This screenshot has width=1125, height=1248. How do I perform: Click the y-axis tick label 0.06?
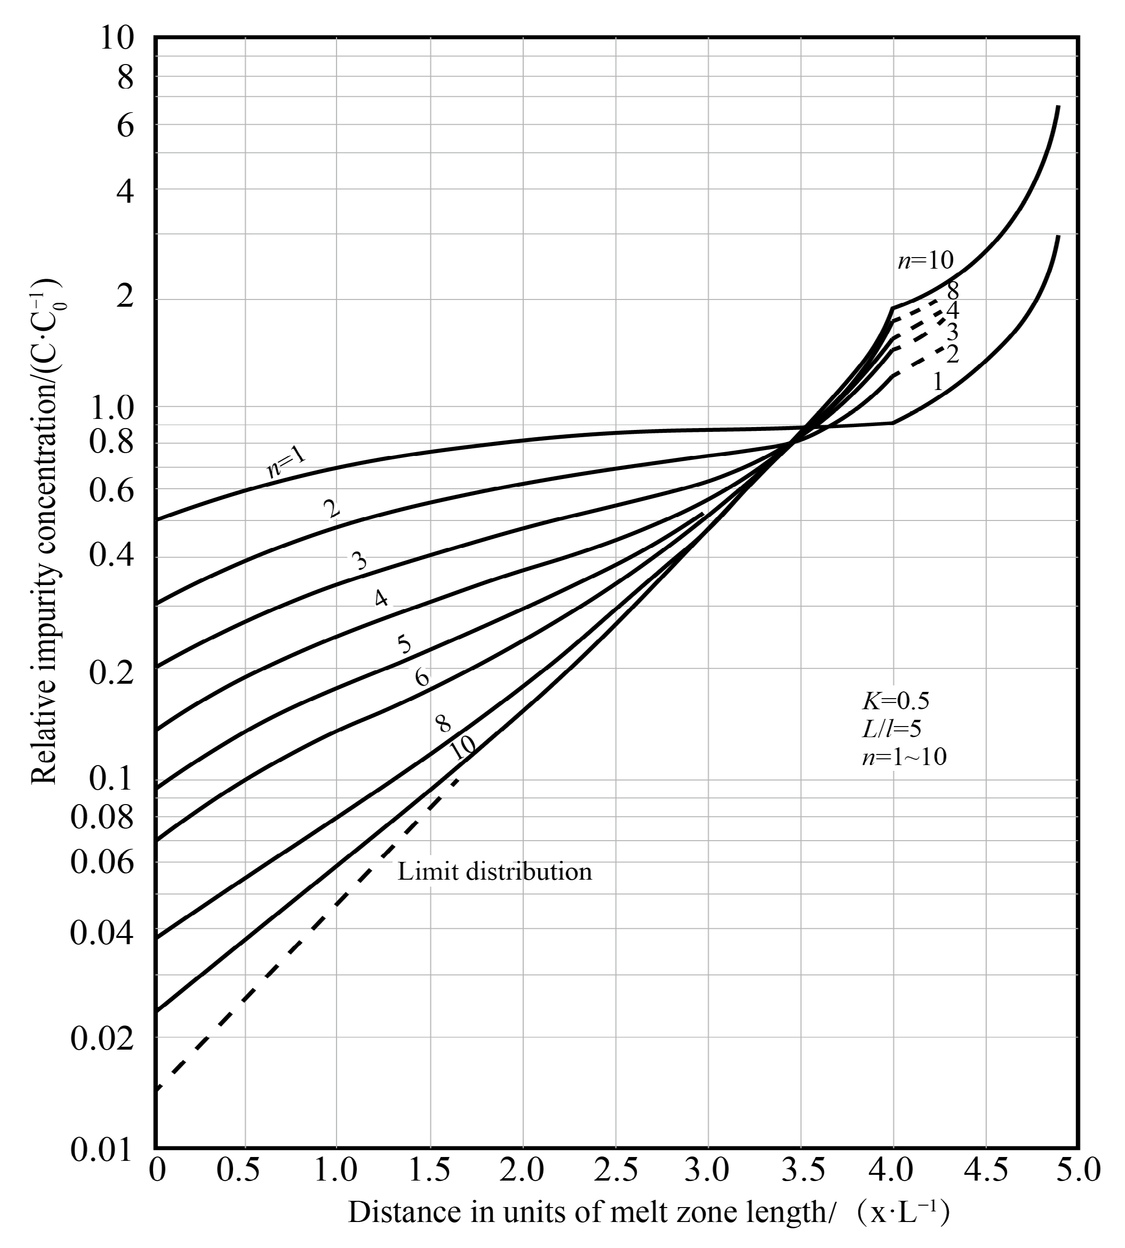(102, 862)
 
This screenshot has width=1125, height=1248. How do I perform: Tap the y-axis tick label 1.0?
(112, 408)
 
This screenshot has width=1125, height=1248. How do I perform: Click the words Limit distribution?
(494, 871)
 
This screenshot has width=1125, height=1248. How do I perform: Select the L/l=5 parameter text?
(892, 729)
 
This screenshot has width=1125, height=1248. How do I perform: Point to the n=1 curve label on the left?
(285, 462)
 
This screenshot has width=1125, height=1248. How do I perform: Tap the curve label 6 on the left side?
(422, 677)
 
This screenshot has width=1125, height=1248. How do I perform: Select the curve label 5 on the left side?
(403, 644)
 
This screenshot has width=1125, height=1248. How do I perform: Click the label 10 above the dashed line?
(462, 749)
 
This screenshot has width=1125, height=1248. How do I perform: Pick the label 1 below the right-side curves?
(937, 381)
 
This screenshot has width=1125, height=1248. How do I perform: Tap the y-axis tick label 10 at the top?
(116, 39)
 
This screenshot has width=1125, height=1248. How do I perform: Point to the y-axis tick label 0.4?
(112, 555)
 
